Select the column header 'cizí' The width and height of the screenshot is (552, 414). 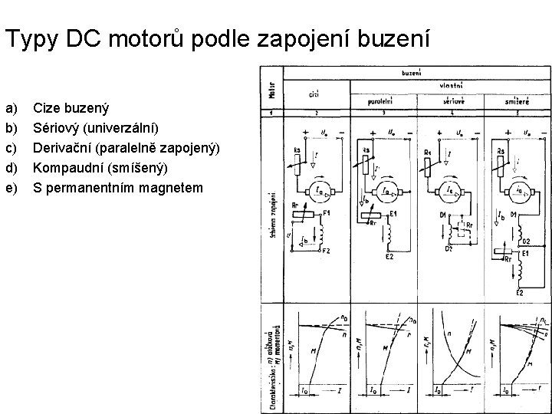tap(314, 95)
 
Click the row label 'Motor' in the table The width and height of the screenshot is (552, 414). tap(271, 90)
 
